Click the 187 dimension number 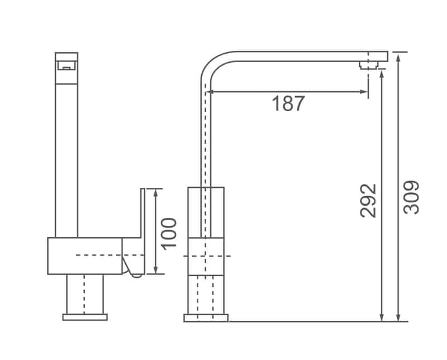[x=288, y=104]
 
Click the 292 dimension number [x=369, y=200]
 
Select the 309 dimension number [x=412, y=197]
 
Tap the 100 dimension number [x=169, y=232]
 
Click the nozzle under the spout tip [x=368, y=65]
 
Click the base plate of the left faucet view [x=85, y=317]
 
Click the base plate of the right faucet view [x=206, y=318]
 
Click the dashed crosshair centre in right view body [x=206, y=255]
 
